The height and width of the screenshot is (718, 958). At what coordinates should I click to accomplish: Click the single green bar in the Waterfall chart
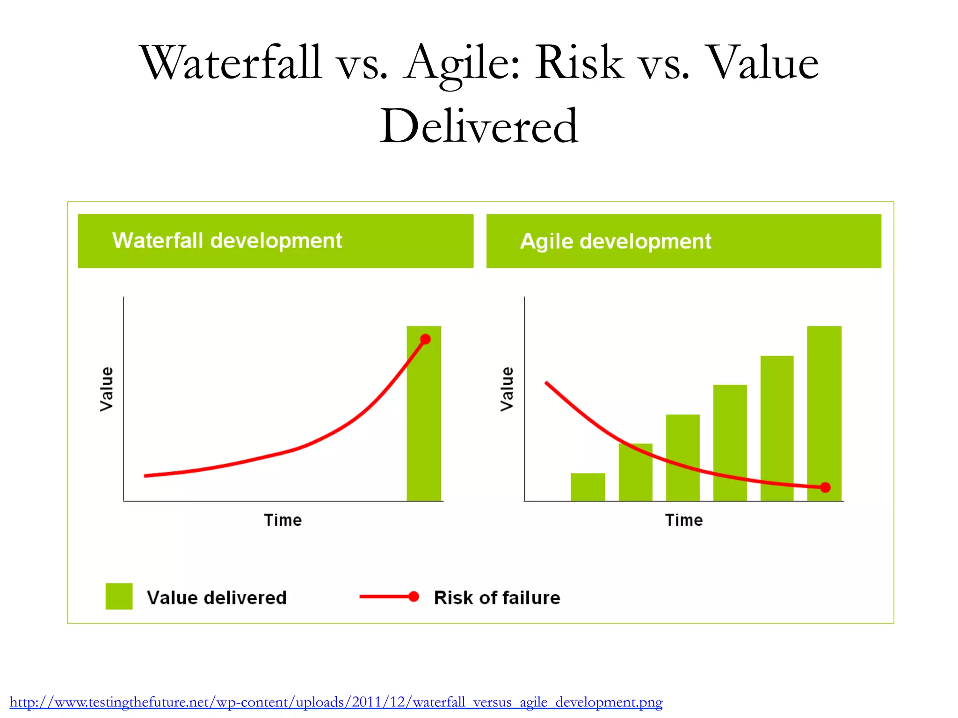(424, 421)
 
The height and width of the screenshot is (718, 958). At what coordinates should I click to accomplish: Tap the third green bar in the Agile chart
(683, 458)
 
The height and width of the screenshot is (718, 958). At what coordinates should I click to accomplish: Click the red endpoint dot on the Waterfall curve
(425, 339)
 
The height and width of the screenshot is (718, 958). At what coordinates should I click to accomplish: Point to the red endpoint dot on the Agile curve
(826, 488)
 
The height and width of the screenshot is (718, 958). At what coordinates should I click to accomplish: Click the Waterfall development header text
(227, 241)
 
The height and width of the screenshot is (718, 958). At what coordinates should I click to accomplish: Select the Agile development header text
(616, 242)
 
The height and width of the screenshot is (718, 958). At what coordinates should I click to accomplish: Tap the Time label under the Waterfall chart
(283, 520)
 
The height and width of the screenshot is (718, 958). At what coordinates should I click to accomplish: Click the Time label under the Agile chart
(684, 520)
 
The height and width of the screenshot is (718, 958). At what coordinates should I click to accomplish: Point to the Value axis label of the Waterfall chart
(107, 389)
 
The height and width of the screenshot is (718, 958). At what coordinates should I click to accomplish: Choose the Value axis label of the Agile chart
(507, 389)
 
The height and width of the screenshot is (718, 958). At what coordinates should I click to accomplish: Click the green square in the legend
(119, 596)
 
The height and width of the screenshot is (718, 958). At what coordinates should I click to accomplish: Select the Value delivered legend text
(217, 598)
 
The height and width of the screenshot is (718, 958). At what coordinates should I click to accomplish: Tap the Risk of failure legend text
(497, 598)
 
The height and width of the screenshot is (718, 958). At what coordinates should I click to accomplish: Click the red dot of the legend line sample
(414, 596)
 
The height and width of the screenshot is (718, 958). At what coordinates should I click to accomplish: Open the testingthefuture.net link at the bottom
(336, 702)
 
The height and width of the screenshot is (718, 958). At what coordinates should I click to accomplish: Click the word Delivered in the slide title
(479, 126)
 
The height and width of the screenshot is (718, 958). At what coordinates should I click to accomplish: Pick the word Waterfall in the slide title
(231, 63)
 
